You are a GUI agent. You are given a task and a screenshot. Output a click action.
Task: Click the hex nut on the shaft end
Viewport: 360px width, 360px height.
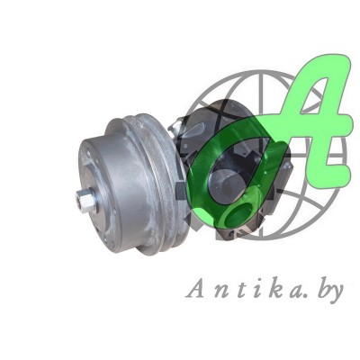(x=86, y=202)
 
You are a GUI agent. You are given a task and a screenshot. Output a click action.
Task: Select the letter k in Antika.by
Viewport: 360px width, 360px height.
(x=274, y=288)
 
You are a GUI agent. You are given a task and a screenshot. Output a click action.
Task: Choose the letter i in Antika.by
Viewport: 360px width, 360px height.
(x=257, y=289)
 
